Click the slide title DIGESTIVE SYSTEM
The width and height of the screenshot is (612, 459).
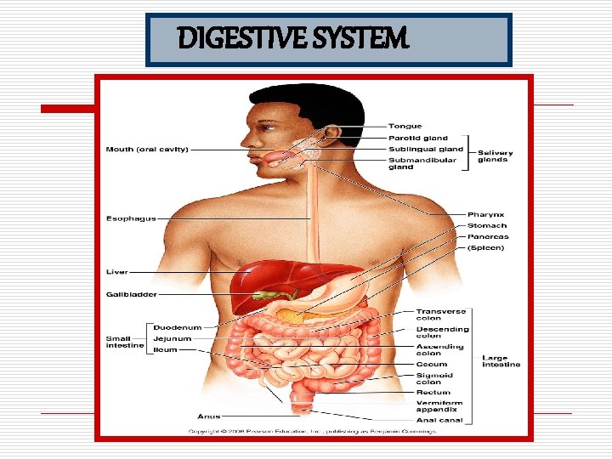tap(293, 38)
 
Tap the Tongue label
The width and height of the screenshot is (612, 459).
tap(405, 127)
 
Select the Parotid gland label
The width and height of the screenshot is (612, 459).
tap(417, 138)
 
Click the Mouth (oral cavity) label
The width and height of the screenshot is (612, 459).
tap(147, 150)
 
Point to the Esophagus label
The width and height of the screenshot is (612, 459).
tap(131, 218)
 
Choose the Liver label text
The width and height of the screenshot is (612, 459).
tap(116, 272)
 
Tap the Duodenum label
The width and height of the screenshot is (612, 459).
tap(178, 327)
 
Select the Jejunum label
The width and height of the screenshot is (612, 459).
tap(173, 338)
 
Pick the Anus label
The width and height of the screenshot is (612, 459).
tap(209, 416)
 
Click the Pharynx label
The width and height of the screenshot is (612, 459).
tap(485, 214)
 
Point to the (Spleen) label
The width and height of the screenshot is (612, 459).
tap(485, 247)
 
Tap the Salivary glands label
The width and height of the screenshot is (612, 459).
tap(495, 156)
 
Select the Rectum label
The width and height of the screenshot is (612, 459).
tap(432, 392)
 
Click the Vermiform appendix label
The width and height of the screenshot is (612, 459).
tap(439, 406)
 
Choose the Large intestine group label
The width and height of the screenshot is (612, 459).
tap(501, 361)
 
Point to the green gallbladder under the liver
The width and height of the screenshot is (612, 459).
tap(274, 295)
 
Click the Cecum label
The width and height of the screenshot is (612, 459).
tap(432, 365)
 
